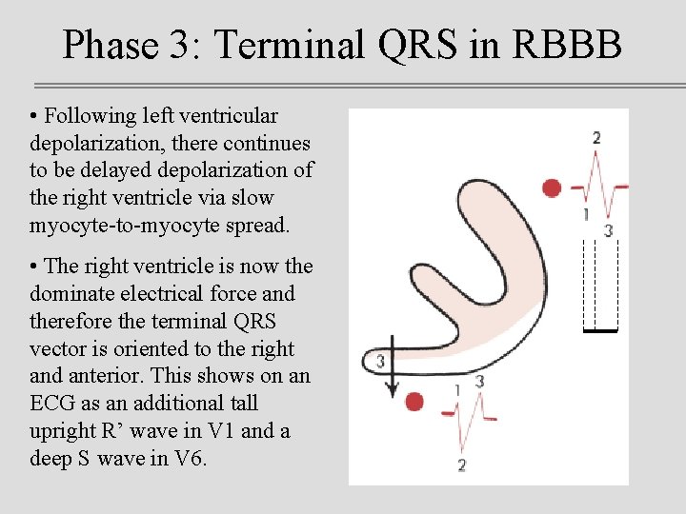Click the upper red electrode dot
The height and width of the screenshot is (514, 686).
coord(552,188)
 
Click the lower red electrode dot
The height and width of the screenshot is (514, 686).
coord(414,402)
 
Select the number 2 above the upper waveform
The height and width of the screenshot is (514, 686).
coord(596,138)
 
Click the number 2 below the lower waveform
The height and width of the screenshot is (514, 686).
coord(461,465)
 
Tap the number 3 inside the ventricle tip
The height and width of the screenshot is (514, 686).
coord(380,361)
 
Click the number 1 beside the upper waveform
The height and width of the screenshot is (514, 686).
coord(585,214)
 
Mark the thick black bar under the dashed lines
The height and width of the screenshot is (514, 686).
coord(600,330)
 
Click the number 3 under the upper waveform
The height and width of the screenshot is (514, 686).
coord(608,230)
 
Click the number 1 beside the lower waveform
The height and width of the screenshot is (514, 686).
coord(457,389)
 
